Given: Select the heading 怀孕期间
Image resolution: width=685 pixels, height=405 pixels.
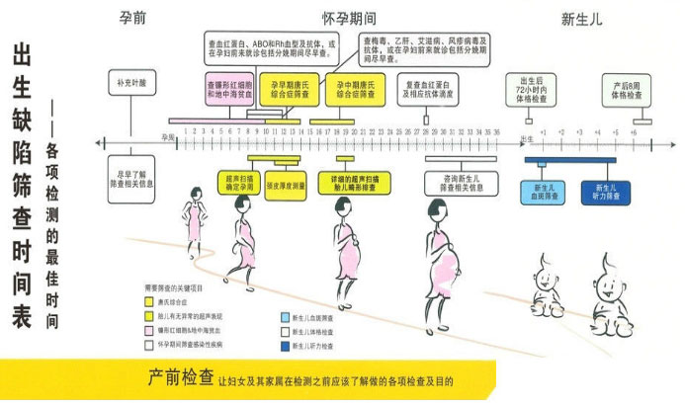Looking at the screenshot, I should pyautogui.click(x=347, y=18).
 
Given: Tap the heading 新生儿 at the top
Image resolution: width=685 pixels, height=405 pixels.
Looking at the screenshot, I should pyautogui.click(x=581, y=18).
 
